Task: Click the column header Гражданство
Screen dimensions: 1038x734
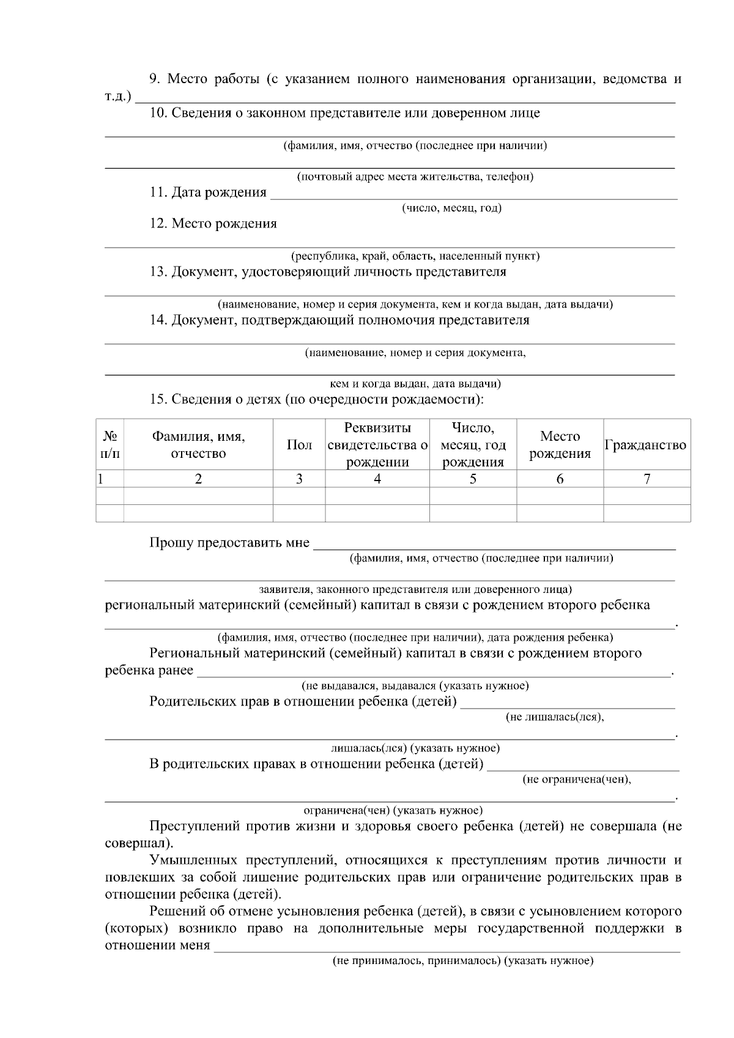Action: pos(646,445)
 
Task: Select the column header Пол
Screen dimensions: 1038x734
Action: pos(299,445)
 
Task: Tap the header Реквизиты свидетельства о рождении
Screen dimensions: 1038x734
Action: pos(377,444)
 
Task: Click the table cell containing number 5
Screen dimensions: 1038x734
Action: pos(473,479)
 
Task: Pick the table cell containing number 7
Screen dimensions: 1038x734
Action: pos(647,479)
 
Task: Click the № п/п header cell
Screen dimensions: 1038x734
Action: pos(110,444)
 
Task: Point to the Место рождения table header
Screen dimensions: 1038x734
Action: pos(560,444)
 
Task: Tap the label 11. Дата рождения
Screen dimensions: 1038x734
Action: pos(208,193)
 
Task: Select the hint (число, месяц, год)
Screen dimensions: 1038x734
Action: pos(451,208)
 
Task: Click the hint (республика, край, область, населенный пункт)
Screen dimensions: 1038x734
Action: pos(415,256)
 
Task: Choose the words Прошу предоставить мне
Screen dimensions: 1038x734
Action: pos(229,543)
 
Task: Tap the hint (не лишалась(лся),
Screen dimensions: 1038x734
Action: pos(555,716)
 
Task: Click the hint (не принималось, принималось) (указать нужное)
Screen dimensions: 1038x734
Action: pos(463,960)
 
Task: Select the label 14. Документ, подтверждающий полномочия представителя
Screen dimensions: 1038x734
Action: pos(339,320)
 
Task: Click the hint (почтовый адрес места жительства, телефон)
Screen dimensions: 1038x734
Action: pos(415,177)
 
